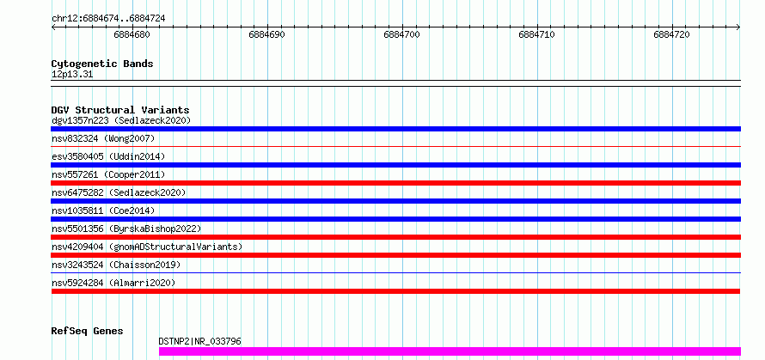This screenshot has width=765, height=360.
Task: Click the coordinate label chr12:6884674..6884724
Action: pos(108,19)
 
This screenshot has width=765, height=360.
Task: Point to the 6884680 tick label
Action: pos(132,35)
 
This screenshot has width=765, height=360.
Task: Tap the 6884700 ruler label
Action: pos(401,35)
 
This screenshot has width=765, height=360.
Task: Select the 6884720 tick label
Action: pos(671,35)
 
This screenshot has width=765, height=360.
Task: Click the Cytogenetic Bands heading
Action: pos(102,64)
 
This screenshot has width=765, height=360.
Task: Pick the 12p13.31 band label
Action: pos(72,75)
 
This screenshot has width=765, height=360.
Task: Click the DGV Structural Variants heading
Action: pos(120,110)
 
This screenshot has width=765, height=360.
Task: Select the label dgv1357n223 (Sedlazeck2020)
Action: pos(121,120)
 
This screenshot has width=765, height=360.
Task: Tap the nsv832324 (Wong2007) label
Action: pos(103,138)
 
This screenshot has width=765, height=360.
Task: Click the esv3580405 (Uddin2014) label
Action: pos(108,156)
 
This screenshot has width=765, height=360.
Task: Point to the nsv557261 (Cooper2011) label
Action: pos(108,174)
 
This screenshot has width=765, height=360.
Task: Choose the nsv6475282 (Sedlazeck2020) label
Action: pos(119,192)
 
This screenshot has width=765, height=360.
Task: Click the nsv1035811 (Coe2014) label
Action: pos(103,211)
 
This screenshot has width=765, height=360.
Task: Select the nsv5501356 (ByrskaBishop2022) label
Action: pos(126,229)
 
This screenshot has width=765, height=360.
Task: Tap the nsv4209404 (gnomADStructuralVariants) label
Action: pos(147,247)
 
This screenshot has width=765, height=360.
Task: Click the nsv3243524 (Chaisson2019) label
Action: pos(116,265)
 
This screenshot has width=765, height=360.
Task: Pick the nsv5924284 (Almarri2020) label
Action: pos(113,283)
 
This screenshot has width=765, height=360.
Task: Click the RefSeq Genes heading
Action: pos(88,332)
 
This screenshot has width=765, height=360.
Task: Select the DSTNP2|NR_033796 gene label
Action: pos(200,341)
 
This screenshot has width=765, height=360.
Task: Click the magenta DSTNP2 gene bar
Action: pos(450,351)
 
